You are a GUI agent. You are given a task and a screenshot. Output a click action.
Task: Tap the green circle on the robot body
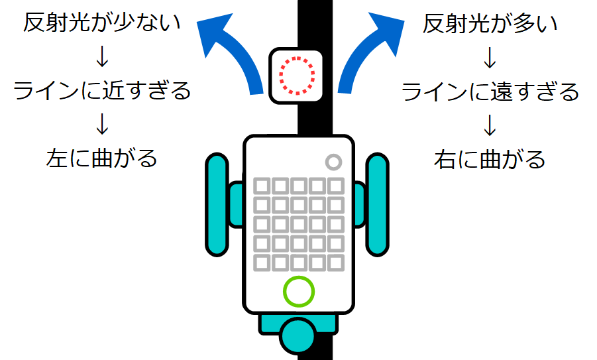298,290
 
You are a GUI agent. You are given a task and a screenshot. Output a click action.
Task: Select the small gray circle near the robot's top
333,161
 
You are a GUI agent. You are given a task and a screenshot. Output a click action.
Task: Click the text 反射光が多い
490,25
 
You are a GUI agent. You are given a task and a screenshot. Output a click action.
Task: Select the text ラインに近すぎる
102,90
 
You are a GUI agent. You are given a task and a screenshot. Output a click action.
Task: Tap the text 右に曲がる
490,159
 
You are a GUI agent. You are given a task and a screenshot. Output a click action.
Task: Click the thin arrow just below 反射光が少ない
102,57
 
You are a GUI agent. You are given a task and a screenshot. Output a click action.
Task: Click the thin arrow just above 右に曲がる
490,126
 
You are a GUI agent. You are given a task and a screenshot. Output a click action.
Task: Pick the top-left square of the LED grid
262,185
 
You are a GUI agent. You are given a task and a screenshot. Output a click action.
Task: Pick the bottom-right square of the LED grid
336,263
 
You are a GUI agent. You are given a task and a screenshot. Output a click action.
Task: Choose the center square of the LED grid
299,224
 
